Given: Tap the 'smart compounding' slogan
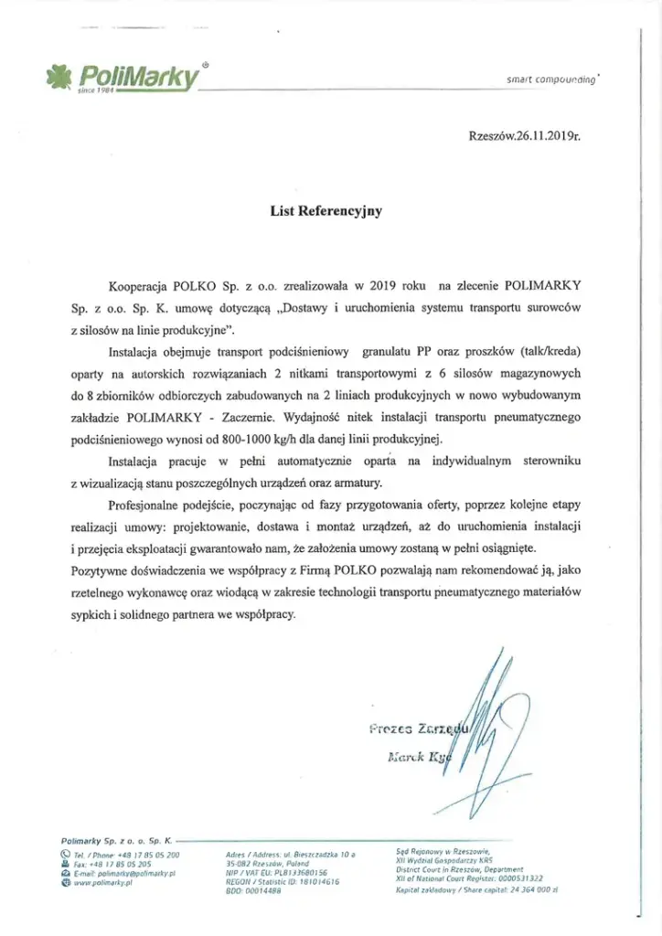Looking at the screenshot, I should coord(551,80).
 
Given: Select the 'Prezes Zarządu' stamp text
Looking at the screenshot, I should coord(418,729).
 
